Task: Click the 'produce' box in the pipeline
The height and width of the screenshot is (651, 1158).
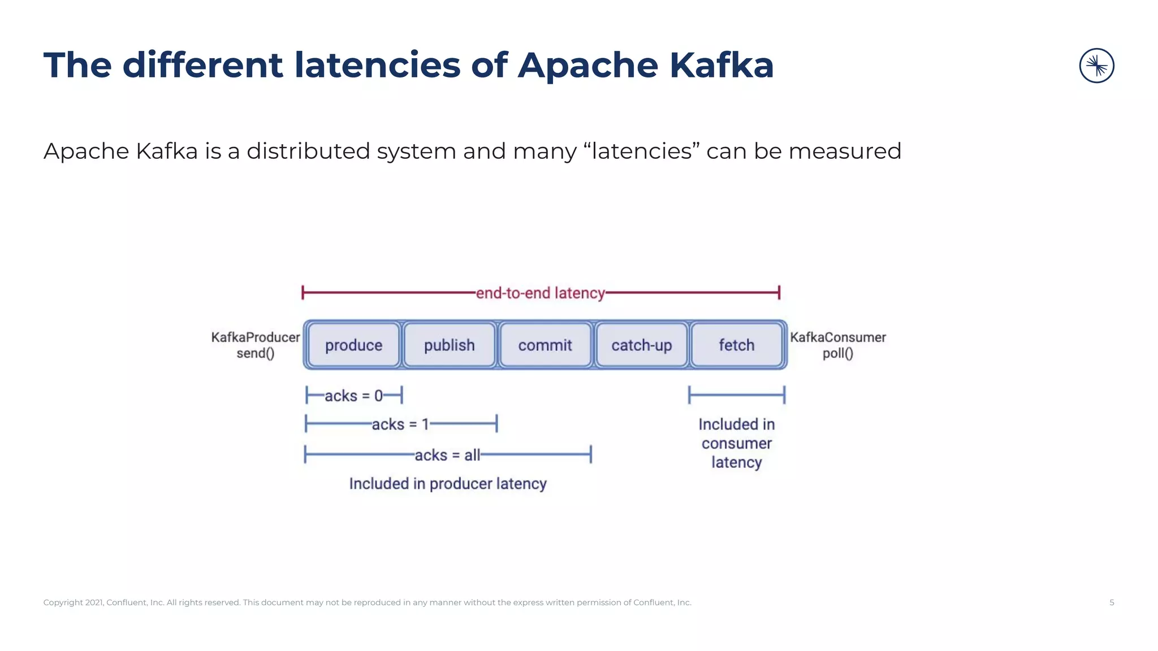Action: point(353,345)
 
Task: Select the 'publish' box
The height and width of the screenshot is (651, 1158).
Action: point(450,345)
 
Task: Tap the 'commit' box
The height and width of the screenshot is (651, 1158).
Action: point(545,345)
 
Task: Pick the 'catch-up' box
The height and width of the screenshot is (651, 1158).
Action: point(641,345)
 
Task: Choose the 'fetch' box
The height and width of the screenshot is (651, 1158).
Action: point(736,345)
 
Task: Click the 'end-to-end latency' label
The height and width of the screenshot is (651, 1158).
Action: point(540,293)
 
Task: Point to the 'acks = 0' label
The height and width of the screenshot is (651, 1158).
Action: point(353,396)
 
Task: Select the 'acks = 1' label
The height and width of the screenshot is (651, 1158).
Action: point(400,424)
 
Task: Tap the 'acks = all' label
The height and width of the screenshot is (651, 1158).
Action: point(447,455)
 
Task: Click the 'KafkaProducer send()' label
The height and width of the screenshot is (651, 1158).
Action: point(255,345)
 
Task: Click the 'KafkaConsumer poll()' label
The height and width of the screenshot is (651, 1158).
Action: point(837,345)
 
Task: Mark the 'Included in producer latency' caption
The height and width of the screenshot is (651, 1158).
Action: point(448,484)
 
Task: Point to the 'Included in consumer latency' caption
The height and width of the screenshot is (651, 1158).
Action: point(736,443)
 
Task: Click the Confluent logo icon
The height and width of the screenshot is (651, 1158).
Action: point(1096,66)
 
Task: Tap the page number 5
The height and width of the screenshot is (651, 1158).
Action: point(1112,602)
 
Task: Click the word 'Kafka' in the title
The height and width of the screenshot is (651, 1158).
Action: point(721,65)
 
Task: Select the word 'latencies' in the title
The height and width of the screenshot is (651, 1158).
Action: point(377,65)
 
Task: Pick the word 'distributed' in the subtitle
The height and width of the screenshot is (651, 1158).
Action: point(308,151)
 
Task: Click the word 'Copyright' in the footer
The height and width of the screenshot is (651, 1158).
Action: point(63,602)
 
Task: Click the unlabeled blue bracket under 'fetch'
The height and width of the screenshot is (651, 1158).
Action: point(736,395)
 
